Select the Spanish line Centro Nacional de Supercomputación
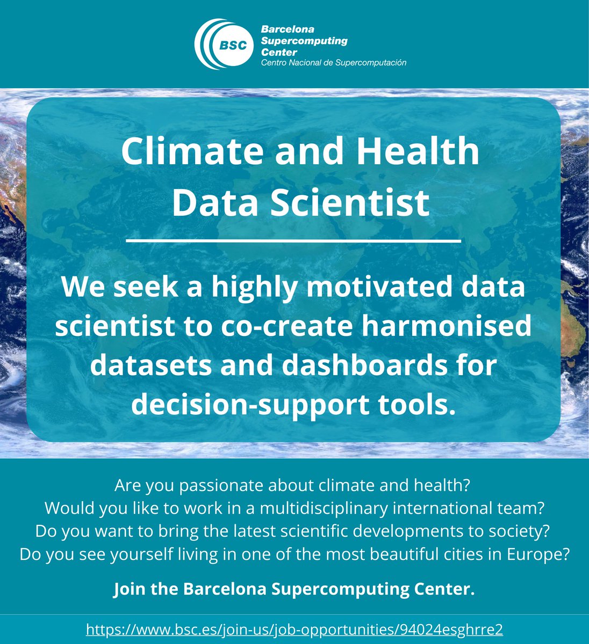[x=333, y=63]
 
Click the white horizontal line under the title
[x=293, y=241]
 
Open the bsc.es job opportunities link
[x=294, y=629]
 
